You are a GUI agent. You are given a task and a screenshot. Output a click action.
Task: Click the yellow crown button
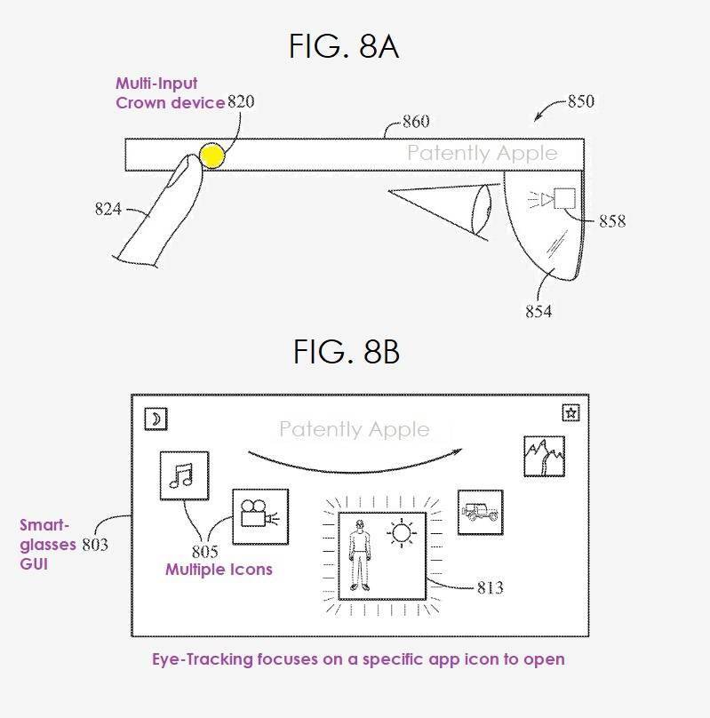(x=212, y=156)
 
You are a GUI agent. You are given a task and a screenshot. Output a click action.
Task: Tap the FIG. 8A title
(x=344, y=46)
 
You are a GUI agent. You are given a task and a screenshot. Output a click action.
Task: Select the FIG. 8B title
(x=347, y=351)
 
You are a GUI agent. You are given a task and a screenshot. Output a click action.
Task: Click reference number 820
(x=241, y=101)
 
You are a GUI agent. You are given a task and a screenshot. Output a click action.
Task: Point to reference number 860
(x=416, y=122)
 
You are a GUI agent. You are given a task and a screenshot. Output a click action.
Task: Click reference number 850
(x=581, y=101)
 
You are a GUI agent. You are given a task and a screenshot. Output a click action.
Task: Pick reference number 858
(x=612, y=221)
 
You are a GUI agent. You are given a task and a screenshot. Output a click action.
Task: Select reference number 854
(x=538, y=311)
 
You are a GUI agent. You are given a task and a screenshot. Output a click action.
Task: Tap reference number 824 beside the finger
(x=108, y=209)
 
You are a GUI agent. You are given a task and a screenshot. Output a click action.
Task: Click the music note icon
(x=184, y=475)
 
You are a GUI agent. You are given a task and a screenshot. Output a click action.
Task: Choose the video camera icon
(x=260, y=516)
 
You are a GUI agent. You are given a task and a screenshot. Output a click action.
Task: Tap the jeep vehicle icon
(x=480, y=512)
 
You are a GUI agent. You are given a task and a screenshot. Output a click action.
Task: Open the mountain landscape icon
(x=544, y=456)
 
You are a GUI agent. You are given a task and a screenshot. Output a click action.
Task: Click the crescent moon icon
(x=156, y=419)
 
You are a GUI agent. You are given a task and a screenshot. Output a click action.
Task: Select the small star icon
(x=570, y=412)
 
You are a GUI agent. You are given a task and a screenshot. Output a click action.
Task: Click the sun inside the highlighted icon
(x=402, y=533)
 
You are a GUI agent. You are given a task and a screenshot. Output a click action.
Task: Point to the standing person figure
(x=359, y=555)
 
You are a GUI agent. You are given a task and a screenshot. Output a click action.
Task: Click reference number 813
(x=490, y=587)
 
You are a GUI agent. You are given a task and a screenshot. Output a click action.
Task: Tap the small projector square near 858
(x=564, y=198)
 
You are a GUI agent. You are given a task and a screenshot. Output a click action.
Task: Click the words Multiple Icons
(x=219, y=570)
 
